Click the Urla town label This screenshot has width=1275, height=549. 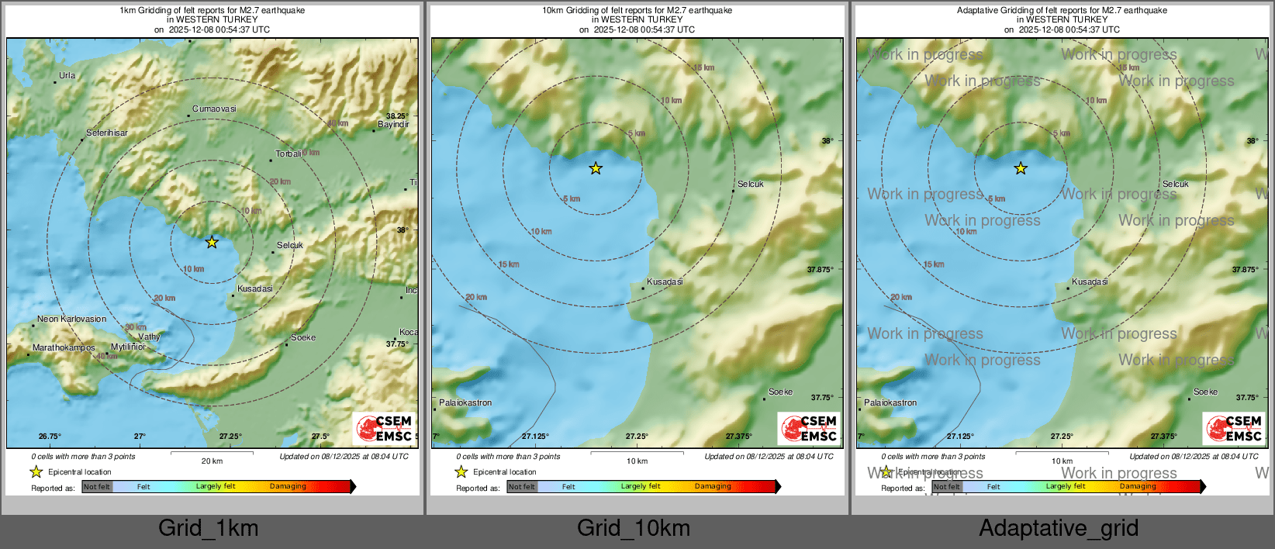67,75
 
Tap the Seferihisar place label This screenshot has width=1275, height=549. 107,133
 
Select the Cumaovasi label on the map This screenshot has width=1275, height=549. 214,109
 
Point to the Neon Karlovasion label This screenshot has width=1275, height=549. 72,319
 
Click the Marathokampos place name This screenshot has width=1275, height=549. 64,347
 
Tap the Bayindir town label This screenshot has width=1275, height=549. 393,124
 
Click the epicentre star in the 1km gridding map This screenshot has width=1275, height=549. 212,243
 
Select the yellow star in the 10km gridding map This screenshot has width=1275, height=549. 596,168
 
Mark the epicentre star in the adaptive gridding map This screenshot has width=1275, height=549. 1021,168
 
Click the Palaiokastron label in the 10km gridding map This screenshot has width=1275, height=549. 465,402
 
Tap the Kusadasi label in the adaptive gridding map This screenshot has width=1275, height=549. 1090,281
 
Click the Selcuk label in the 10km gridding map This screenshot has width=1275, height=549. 751,184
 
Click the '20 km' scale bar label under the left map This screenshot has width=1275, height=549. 212,461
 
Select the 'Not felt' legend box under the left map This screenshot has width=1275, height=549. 97,487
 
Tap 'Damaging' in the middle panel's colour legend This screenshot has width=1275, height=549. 713,486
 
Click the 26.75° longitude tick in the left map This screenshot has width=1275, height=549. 50,437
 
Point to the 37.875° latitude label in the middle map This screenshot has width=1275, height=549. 821,269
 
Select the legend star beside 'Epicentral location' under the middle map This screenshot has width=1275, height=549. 461,471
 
